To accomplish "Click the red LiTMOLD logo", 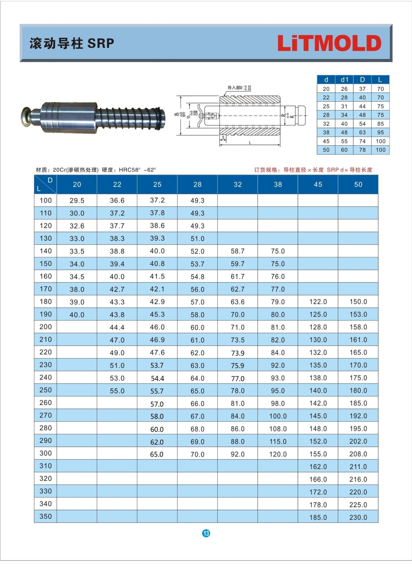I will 329,43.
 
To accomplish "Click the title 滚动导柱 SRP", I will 72,43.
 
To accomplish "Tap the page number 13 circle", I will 206,533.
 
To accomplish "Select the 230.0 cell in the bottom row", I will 358,517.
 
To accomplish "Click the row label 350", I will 46,516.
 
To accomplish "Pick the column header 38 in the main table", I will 278,185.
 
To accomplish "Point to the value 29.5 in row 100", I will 77,201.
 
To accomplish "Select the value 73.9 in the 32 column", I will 237,353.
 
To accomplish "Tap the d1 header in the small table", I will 344,80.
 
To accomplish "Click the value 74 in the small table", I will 362,141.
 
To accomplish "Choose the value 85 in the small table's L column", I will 380,124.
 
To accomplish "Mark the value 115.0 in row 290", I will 278,442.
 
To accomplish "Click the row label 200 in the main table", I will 46,327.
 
